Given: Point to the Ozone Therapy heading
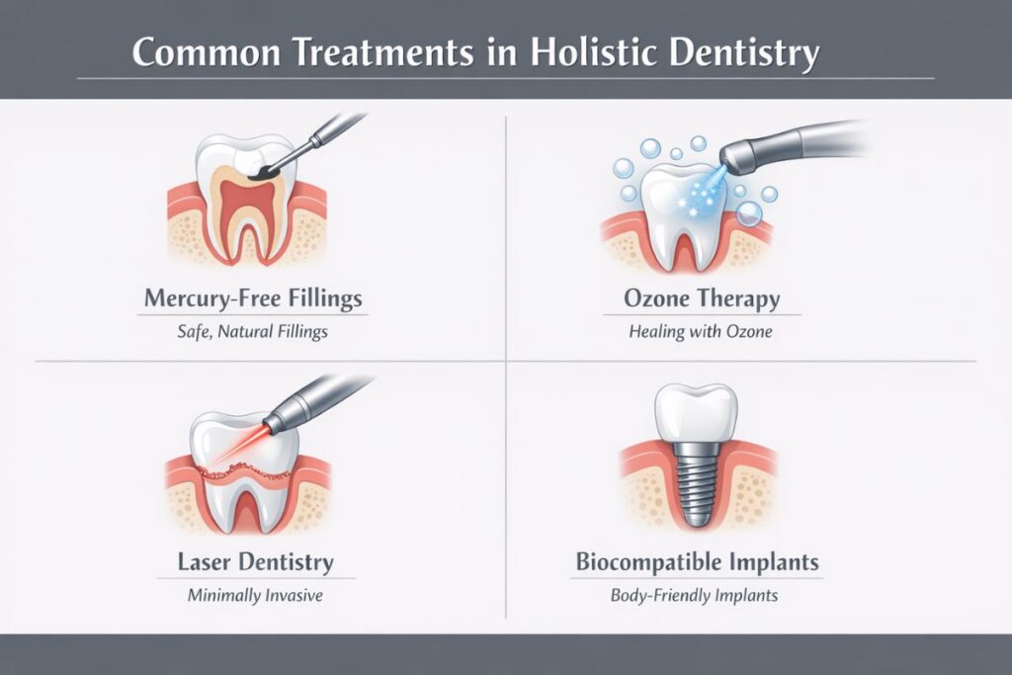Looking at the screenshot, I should click(x=701, y=297).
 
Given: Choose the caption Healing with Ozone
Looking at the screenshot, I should click(x=701, y=332).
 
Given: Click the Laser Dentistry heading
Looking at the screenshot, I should click(x=256, y=562).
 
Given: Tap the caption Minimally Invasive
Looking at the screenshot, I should click(x=256, y=596).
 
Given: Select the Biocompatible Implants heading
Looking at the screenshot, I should click(x=697, y=562).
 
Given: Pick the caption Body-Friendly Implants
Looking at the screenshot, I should click(x=697, y=596).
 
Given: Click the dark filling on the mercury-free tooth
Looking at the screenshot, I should click(x=262, y=172).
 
